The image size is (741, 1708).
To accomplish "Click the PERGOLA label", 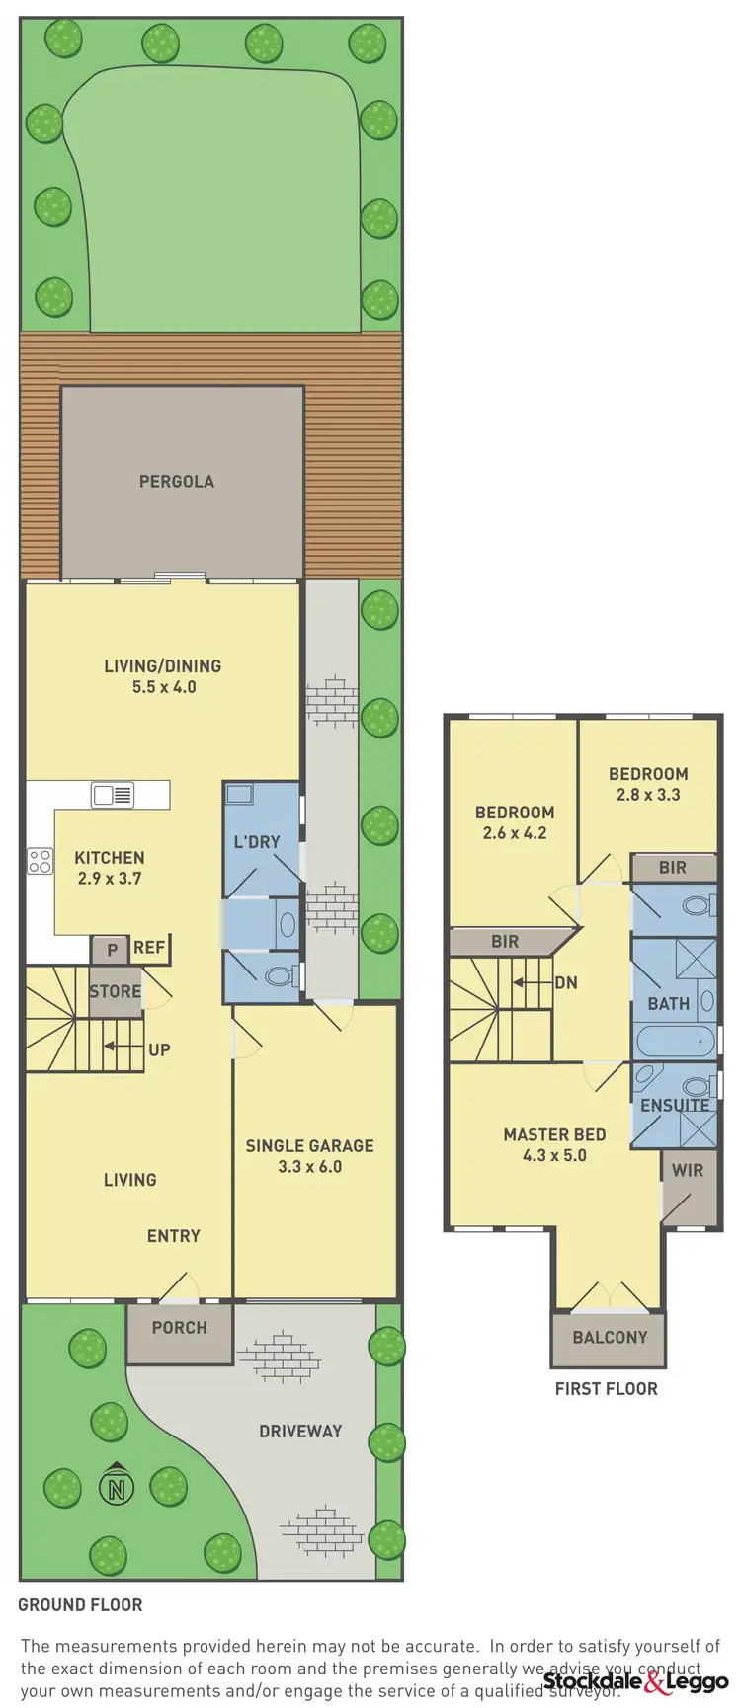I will (x=176, y=482).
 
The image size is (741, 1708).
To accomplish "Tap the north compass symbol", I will (x=117, y=1486).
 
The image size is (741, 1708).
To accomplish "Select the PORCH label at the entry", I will (x=179, y=1328).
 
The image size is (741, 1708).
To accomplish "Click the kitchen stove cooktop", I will (x=40, y=860).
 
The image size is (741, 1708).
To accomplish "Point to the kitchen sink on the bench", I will (x=112, y=794).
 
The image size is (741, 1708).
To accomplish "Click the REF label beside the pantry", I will (x=149, y=948).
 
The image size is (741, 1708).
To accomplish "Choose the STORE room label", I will (x=115, y=991).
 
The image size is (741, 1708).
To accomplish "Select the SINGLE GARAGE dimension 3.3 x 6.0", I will (x=309, y=1167).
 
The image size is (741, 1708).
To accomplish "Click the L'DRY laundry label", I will (x=257, y=842).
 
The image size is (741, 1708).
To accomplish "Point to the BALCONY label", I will (x=610, y=1338).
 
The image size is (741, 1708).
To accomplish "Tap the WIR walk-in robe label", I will (x=688, y=1170).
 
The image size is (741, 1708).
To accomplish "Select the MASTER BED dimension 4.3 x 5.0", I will (x=554, y=1155).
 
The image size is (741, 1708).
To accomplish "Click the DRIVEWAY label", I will (x=300, y=1431).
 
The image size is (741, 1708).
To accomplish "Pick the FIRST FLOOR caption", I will (x=606, y=1389).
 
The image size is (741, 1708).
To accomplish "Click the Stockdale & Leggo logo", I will (x=635, y=1682).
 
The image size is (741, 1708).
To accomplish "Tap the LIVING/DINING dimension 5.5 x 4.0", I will (x=164, y=687).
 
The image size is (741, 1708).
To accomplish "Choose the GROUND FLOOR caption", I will (x=80, y=1605).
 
